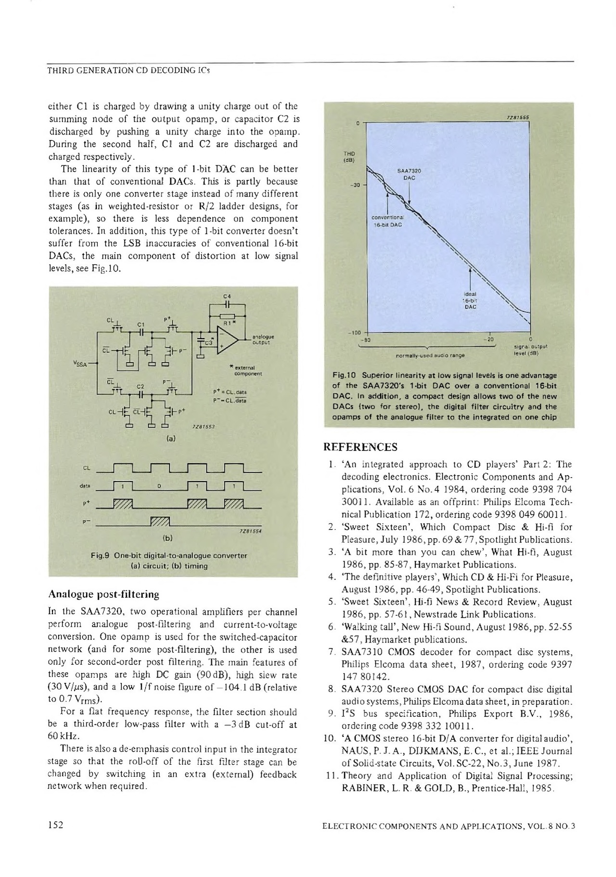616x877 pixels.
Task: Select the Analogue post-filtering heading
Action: point(103,594)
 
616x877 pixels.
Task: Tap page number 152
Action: point(56,825)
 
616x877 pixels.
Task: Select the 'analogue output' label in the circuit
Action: point(263,340)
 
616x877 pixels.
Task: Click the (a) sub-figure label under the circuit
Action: point(171,439)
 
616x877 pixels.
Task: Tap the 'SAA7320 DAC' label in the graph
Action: point(409,174)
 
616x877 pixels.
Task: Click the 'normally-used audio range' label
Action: point(430,355)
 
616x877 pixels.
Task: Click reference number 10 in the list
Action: point(331,739)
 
